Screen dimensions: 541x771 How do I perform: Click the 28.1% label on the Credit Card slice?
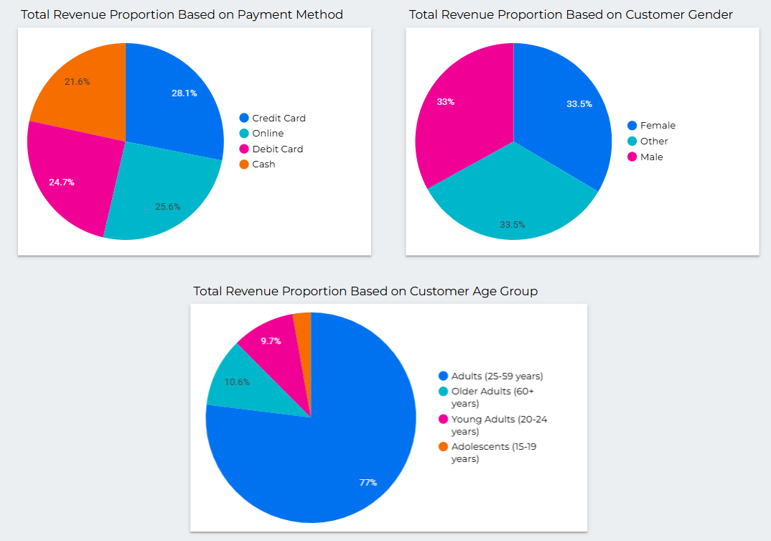click(184, 93)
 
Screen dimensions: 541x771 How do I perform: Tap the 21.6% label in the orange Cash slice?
click(78, 82)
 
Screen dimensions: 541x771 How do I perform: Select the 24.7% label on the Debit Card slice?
click(62, 182)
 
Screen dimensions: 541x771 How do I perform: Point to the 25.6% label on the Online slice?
click(168, 206)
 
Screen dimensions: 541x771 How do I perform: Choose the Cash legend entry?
click(263, 165)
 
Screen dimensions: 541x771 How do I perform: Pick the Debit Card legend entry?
click(277, 149)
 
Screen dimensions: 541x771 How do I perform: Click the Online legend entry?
click(268, 134)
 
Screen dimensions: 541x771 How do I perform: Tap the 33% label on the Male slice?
click(446, 102)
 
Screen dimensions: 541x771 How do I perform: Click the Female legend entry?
click(658, 126)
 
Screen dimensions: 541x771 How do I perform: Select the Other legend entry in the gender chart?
click(654, 142)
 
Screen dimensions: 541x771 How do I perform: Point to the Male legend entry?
click(652, 157)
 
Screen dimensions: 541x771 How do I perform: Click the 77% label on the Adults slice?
click(368, 482)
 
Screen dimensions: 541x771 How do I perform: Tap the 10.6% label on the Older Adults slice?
click(237, 382)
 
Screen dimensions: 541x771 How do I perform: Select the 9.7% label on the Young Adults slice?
click(271, 341)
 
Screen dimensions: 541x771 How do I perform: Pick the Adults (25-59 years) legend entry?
click(497, 376)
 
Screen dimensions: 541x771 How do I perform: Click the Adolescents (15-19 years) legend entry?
click(495, 453)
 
